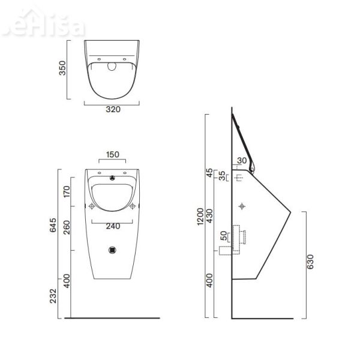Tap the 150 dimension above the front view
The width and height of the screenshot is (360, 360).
(112, 154)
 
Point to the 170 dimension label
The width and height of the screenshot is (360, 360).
(67, 193)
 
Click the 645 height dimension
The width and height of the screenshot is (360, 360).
(54, 226)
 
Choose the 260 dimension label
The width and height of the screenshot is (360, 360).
(67, 227)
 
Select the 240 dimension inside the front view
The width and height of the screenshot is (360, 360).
(112, 227)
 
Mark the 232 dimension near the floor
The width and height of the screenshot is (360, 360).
(54, 296)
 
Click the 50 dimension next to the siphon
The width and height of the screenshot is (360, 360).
(224, 235)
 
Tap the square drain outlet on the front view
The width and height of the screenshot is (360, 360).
(112, 250)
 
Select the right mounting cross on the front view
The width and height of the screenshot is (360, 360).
(132, 206)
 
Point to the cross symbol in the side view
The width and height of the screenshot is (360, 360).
(242, 206)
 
